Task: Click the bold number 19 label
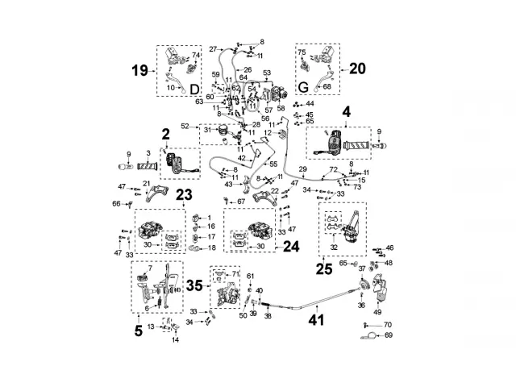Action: pyautogui.click(x=140, y=70)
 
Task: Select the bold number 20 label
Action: pyautogui.click(x=357, y=69)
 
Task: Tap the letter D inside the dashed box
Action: pyautogui.click(x=193, y=88)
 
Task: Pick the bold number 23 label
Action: pyautogui.click(x=184, y=193)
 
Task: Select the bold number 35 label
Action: pyautogui.click(x=194, y=285)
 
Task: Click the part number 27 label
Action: pyautogui.click(x=214, y=49)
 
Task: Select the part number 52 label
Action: pyautogui.click(x=185, y=127)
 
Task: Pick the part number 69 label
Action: pyautogui.click(x=388, y=335)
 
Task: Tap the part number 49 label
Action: pyautogui.click(x=377, y=311)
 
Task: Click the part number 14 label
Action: pyautogui.click(x=177, y=340)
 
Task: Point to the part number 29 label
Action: pyautogui.click(x=302, y=169)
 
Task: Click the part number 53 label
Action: pyautogui.click(x=267, y=73)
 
